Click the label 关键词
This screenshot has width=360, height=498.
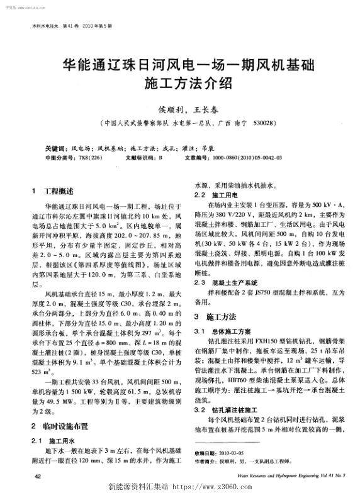pos(57,150)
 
